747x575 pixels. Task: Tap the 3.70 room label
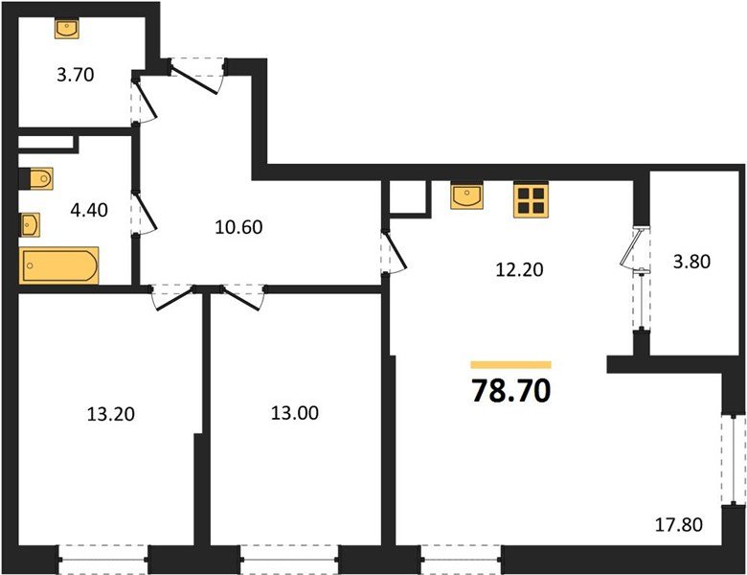point(74,75)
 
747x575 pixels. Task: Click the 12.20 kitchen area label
point(518,269)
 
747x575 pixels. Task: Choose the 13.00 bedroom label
point(294,414)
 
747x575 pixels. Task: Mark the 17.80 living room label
point(679,524)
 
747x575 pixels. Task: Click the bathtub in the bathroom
point(59,265)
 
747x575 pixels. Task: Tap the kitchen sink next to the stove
point(467,197)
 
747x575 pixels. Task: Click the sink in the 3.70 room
point(66,30)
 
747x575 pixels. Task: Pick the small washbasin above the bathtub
point(30,224)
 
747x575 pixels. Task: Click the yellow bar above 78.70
point(511,365)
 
